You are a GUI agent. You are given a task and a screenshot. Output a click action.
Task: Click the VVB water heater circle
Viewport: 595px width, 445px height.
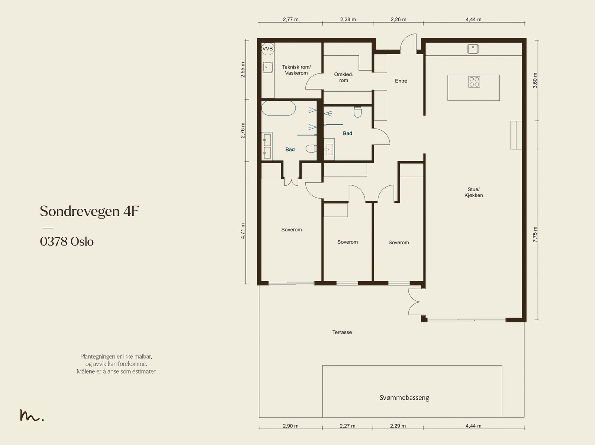[x=268, y=49]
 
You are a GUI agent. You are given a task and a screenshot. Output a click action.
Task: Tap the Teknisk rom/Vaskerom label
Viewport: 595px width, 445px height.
[x=296, y=70]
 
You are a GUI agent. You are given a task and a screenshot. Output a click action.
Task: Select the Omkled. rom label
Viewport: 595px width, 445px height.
[x=344, y=77]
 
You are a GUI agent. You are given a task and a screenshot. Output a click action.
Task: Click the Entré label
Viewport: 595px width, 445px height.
[x=401, y=81]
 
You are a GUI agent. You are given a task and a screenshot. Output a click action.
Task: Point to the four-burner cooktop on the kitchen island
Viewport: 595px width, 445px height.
[x=474, y=82]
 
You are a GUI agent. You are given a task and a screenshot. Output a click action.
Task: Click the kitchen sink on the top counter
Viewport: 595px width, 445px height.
[x=473, y=49]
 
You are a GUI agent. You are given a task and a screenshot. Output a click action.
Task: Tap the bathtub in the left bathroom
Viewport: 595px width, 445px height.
[x=279, y=108]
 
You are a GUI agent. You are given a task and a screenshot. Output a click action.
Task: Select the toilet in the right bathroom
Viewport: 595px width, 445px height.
[x=358, y=112]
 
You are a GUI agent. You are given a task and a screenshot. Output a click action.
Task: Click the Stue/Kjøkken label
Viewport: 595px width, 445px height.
[x=473, y=192]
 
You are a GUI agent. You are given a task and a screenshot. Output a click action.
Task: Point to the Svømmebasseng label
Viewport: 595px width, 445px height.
[x=404, y=397]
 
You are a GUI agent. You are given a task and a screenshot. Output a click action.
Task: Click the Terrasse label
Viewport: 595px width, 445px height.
[x=342, y=332]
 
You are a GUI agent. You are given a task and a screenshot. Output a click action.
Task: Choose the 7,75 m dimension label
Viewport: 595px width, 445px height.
[x=535, y=234]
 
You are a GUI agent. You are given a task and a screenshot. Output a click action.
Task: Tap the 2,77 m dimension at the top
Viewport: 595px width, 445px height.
[x=290, y=19]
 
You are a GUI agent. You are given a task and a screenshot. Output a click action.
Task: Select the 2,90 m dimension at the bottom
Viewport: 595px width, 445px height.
[x=290, y=426]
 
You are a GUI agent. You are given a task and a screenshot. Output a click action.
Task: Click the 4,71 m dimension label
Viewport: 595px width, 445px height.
[x=242, y=231]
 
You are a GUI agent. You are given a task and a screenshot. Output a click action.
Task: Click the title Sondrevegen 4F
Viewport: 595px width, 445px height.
[x=89, y=211]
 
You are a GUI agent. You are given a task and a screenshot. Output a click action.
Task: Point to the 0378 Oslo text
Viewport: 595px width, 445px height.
[x=67, y=241]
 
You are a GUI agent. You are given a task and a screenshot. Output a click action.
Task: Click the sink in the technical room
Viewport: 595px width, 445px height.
[x=268, y=67]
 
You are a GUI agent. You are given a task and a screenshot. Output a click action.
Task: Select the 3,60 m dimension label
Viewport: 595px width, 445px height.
[x=535, y=80]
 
